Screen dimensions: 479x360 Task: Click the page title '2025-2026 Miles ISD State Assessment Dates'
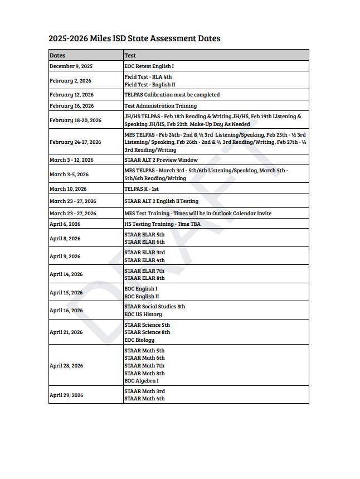134,38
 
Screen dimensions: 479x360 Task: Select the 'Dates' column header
57,55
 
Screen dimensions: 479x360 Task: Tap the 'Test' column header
130,55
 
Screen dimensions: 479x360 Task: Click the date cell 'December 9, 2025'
71,66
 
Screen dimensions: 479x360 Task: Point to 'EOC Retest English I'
149,66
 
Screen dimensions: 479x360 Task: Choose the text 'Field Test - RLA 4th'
148,77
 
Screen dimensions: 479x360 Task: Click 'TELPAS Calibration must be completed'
172,95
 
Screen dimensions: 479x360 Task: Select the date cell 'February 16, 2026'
71,105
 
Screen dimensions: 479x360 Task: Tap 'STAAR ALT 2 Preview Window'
160,160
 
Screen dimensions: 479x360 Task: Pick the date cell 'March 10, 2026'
68,189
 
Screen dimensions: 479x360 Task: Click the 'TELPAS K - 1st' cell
142,189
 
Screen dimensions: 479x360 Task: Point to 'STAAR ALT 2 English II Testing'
161,201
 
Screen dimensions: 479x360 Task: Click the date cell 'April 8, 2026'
65,239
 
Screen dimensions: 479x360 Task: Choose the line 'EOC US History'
143,315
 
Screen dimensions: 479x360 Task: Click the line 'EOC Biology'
139,340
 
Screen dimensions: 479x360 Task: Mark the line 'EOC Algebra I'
142,381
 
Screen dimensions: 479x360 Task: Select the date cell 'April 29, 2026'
66,395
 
